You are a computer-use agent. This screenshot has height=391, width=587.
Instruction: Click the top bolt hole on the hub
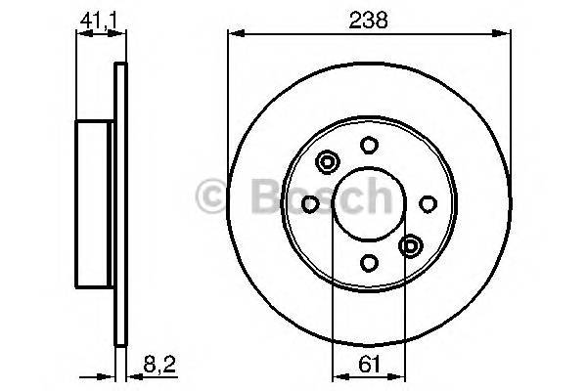pyautogui.click(x=369, y=146)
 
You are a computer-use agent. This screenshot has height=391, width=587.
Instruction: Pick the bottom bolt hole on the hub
pyautogui.click(x=369, y=262)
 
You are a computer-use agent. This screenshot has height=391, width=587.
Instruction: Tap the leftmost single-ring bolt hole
pyautogui.click(x=311, y=203)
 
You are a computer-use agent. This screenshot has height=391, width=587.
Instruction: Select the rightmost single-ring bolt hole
pyautogui.click(x=428, y=203)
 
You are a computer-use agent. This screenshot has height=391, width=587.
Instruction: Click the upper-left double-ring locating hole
pyautogui.click(x=328, y=162)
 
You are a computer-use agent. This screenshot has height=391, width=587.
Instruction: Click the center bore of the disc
pyautogui.click(x=369, y=203)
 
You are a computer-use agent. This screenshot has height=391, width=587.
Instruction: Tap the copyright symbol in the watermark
pyautogui.click(x=211, y=196)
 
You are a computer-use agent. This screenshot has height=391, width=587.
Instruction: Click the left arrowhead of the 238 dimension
pyautogui.click(x=233, y=37)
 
